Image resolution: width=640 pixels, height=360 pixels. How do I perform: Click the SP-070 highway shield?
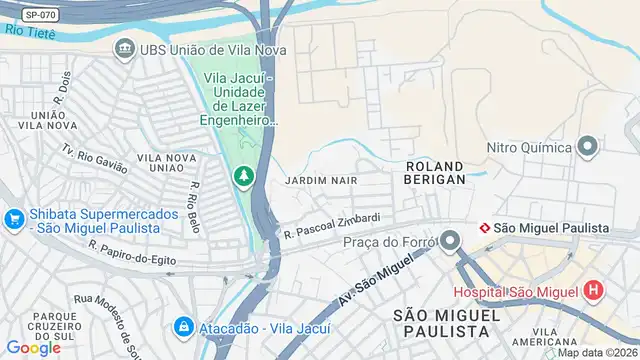39,15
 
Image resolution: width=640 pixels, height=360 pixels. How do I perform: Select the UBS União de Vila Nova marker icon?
124,49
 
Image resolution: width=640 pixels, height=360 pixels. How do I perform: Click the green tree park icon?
243,177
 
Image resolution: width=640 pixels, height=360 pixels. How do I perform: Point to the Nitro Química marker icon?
587,148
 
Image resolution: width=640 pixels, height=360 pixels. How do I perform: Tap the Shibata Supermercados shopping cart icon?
14,218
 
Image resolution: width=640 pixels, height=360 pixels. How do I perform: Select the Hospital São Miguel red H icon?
594,291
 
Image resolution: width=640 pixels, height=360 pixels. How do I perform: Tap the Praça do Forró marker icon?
450,241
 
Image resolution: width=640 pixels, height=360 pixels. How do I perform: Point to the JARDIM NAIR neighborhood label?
321,181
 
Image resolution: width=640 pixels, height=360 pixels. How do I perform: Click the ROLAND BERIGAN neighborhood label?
435,172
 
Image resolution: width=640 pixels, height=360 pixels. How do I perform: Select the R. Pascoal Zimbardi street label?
332,226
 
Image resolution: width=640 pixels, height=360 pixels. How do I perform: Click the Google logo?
33,347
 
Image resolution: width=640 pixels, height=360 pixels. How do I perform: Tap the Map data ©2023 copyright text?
597,352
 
